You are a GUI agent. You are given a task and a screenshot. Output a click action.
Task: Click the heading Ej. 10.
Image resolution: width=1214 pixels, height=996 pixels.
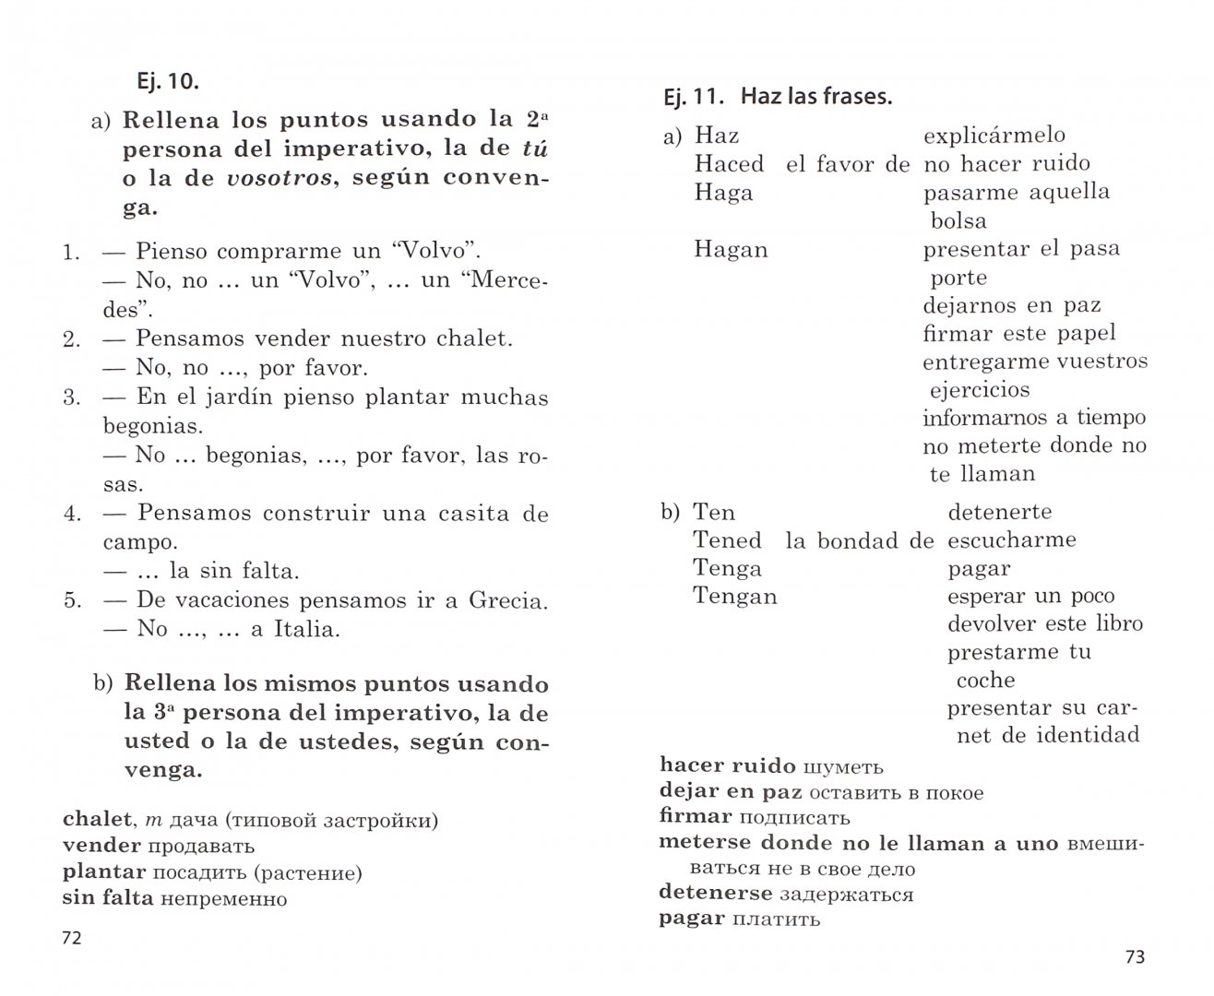tap(166, 81)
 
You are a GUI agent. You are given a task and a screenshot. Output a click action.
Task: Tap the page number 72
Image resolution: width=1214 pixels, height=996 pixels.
tap(71, 938)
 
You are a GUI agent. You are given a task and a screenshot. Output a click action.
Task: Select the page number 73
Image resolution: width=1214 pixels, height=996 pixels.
tap(1135, 957)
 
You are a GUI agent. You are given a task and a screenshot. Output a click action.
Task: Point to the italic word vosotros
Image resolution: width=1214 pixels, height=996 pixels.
tap(279, 178)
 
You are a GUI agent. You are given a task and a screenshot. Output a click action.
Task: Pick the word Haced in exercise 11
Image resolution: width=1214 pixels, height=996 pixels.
tap(729, 164)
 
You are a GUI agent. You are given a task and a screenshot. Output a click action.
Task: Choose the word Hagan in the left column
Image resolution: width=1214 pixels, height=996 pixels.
tap(731, 250)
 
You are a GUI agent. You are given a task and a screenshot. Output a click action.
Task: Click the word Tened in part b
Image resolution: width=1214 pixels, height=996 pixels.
tap(727, 540)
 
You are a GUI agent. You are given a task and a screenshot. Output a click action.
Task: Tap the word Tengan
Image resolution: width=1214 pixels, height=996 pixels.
tap(734, 597)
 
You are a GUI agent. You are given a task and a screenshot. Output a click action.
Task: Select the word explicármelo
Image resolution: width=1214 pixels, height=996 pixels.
tap(994, 136)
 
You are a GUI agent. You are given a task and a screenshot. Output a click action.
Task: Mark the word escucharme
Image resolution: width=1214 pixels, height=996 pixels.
tap(1011, 539)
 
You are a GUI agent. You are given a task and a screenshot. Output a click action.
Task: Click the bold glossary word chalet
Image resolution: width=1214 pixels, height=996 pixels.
tap(97, 819)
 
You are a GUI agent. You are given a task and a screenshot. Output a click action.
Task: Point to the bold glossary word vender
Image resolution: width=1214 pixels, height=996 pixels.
tap(101, 845)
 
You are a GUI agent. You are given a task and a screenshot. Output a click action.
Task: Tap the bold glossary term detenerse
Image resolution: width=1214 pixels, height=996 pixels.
tap(715, 894)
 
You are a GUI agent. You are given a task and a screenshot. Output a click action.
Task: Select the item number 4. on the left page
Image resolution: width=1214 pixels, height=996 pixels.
tap(73, 514)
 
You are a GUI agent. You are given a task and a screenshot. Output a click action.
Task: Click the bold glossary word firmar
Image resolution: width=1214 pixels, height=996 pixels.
tap(696, 816)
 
